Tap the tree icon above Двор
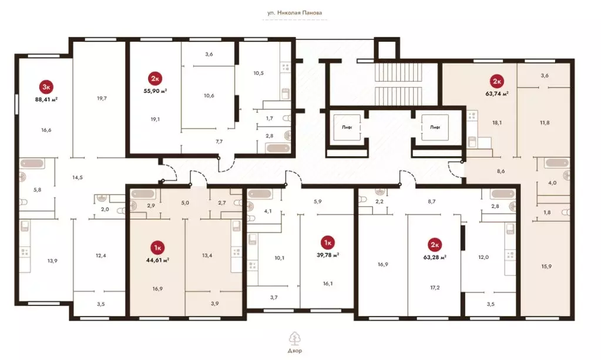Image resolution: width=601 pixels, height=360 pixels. (x=294, y=338)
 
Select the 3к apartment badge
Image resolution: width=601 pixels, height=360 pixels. (x=46, y=87)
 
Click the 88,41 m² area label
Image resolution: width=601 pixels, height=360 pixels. (x=46, y=99)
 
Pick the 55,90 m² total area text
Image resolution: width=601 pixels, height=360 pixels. (x=155, y=91)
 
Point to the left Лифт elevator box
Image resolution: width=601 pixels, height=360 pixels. (x=347, y=127)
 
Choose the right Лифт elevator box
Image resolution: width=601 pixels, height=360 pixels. (x=435, y=127)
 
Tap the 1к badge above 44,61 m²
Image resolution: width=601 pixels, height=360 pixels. (x=157, y=248)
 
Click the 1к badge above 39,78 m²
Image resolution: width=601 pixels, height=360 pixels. (x=328, y=243)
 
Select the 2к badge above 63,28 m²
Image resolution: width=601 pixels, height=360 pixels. (x=435, y=245)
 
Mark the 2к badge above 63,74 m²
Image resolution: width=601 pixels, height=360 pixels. (x=497, y=81)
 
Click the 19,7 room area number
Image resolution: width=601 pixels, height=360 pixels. (x=102, y=99)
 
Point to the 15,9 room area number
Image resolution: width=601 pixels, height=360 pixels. (x=546, y=266)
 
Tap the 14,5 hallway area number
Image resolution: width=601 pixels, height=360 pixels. (x=78, y=177)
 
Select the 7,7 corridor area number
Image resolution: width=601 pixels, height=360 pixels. (x=219, y=142)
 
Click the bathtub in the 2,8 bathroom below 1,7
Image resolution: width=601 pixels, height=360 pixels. (x=278, y=148)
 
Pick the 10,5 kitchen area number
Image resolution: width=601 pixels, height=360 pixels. (x=258, y=73)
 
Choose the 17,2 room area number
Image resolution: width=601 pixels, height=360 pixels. (x=435, y=288)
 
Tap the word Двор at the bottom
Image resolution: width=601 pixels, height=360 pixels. (x=294, y=351)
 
